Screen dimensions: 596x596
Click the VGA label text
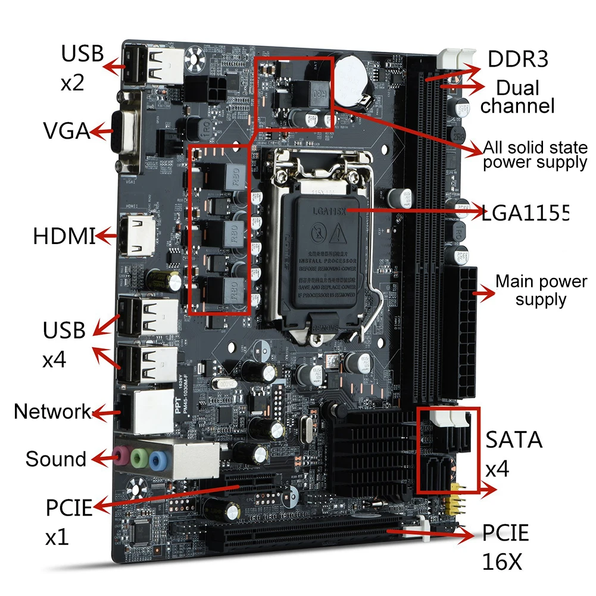click(66, 130)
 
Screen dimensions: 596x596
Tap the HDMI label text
click(63, 236)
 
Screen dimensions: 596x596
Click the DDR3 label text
click(517, 60)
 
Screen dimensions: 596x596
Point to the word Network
click(52, 411)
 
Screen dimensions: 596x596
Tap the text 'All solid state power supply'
click(534, 155)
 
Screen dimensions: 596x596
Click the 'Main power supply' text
click(541, 290)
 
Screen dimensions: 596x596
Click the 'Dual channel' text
click(517, 97)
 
